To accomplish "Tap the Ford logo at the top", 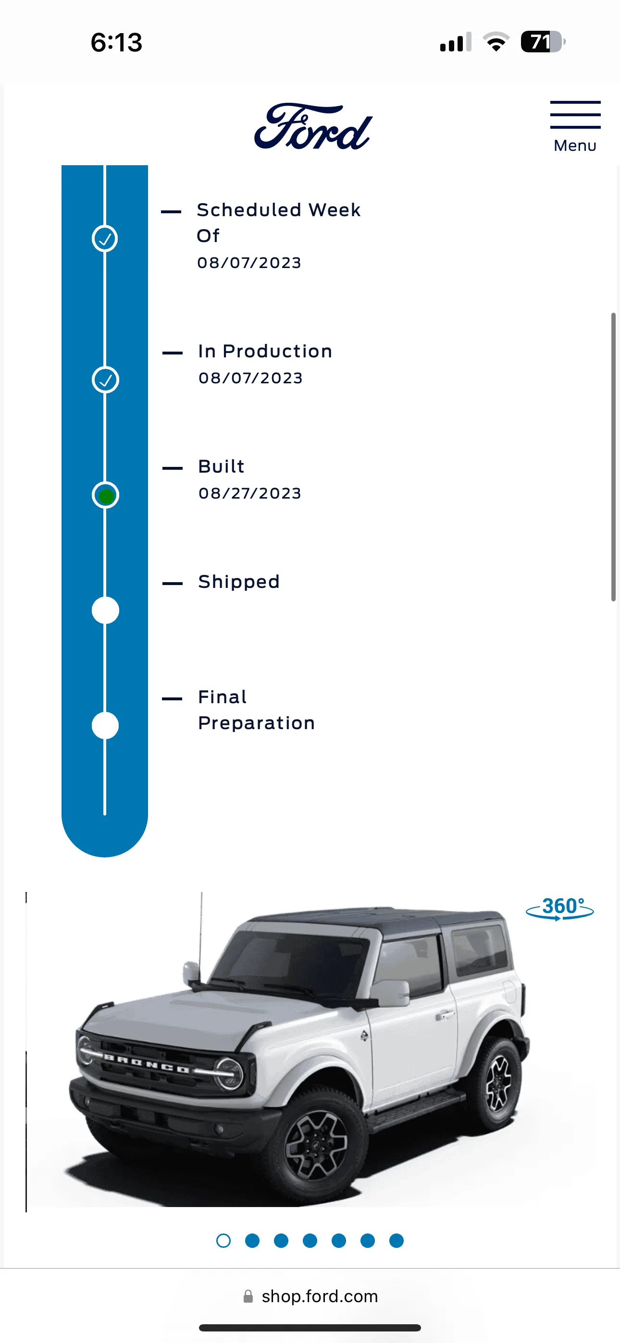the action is point(313,126).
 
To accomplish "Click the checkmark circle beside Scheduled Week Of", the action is point(105,239).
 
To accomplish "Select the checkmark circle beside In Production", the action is point(105,379).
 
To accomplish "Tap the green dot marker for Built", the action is point(105,495).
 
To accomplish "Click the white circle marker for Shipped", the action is point(105,610).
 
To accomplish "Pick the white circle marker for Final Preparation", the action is point(105,726).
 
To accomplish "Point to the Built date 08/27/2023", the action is point(250,493).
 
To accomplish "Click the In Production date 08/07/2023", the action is point(250,378).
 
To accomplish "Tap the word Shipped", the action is point(239,582).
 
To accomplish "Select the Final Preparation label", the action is point(256,710).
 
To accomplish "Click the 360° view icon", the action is point(559,909).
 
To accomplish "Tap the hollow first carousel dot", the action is point(223,1241).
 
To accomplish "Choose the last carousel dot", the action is point(397,1241).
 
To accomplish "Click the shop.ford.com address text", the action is point(320,1296).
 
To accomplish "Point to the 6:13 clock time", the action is point(116,42).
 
